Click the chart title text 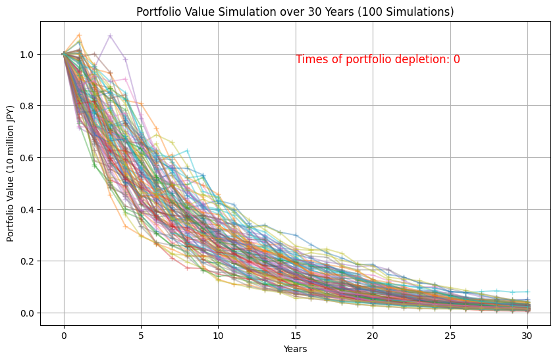(295, 12)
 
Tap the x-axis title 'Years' (295, 349)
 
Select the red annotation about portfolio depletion (377, 59)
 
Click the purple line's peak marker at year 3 (110, 36)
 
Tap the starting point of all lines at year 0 (64, 54)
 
